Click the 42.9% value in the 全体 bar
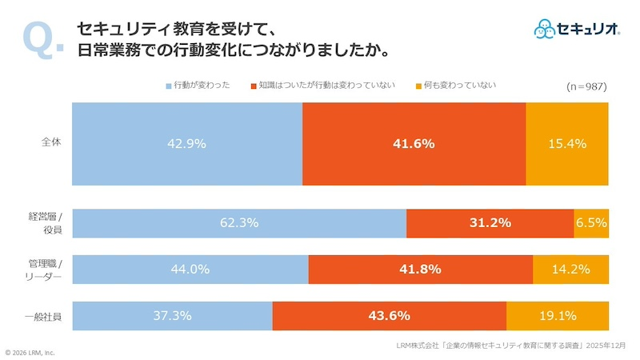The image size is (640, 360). click(x=187, y=144)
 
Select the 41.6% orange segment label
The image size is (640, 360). click(x=414, y=144)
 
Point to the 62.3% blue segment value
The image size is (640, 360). click(x=239, y=223)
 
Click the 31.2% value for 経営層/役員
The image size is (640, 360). click(x=490, y=223)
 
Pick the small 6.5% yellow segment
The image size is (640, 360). click(x=591, y=223)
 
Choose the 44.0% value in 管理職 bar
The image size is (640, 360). click(x=190, y=270)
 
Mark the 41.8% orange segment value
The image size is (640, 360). click(x=421, y=270)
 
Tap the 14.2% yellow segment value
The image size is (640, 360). click(x=571, y=270)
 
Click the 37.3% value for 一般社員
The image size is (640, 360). click(x=172, y=316)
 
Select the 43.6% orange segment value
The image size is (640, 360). click(x=390, y=316)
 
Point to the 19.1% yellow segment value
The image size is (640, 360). click(x=558, y=316)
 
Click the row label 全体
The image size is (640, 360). click(x=52, y=143)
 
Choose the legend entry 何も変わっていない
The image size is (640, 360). click(x=455, y=85)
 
